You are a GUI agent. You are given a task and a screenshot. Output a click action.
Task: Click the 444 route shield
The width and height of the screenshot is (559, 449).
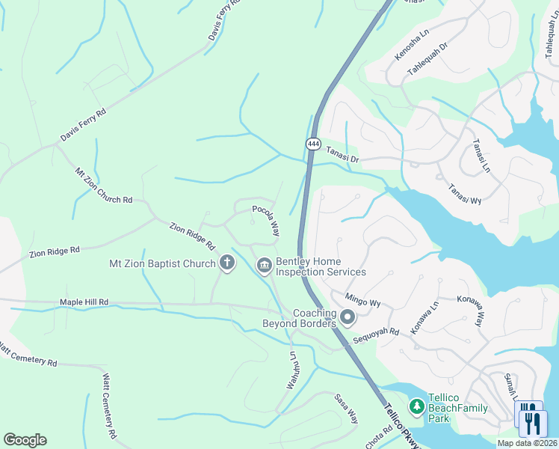coord(313,143)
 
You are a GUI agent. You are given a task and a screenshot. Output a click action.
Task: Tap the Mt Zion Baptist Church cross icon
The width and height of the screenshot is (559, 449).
coord(226,263)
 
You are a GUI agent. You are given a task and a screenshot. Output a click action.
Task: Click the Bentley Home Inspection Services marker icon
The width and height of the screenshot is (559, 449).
coord(264,266)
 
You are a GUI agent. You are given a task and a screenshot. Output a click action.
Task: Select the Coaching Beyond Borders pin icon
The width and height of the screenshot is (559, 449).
coord(348,318)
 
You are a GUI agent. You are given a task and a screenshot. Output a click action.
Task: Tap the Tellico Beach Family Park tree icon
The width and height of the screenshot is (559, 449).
coord(416,407)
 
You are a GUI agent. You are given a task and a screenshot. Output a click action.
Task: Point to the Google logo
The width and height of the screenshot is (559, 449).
coord(25,439)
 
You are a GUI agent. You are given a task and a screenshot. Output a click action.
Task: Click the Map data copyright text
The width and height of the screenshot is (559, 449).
coord(527,444)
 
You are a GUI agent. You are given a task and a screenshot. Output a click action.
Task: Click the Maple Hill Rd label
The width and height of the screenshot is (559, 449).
coord(84,302)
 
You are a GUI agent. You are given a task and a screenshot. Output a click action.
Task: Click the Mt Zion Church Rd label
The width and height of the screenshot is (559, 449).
coord(103,186)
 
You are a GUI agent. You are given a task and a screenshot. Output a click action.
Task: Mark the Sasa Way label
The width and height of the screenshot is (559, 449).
coord(346,409)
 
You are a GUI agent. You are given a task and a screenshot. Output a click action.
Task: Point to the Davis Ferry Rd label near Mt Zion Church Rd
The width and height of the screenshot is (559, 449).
coord(83,126)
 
